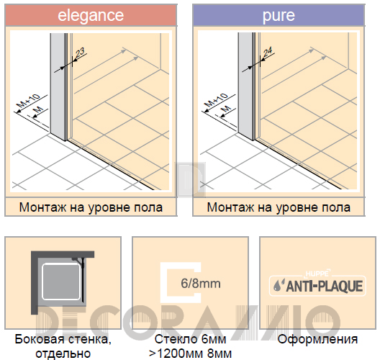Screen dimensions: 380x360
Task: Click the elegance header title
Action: click(91, 16)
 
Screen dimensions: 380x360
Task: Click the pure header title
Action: click(279, 16)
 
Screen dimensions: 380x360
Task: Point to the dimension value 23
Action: click(80, 53)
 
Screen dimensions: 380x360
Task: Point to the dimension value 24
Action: click(268, 52)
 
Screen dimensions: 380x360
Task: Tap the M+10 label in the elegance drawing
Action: click(29, 101)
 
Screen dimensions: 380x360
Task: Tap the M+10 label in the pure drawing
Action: click(217, 99)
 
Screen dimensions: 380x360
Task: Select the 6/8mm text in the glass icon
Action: click(201, 284)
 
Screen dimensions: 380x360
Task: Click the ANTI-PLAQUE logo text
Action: click(325, 287)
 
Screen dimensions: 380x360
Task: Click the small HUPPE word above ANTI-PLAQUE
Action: click(317, 274)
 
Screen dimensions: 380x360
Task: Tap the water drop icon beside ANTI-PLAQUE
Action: click(279, 285)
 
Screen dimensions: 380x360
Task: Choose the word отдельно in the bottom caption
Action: click(63, 354)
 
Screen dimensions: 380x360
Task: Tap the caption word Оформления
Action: click(317, 339)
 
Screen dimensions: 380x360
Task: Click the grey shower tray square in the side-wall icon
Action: click(61, 282)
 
